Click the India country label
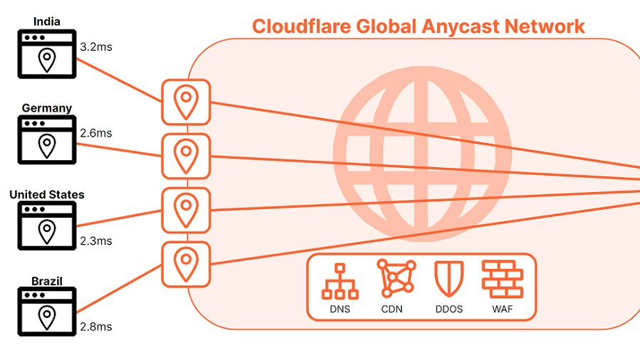coord(46,21)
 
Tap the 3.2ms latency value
coord(95,48)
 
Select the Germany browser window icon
coord(47,140)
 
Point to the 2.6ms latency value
coord(95,133)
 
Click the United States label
coord(47,194)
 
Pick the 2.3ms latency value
coord(95,241)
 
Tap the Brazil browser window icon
coord(47,312)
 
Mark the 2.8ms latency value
coord(95,327)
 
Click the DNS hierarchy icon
coord(340,280)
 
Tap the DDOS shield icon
coord(448,279)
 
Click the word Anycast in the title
coord(459,26)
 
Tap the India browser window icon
coord(47,53)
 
